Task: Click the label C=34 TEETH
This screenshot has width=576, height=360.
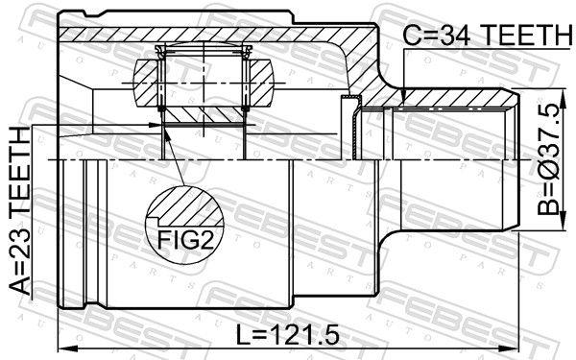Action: click(x=486, y=36)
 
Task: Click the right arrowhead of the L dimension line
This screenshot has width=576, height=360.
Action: click(x=515, y=348)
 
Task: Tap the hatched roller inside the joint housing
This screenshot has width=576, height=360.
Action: click(x=203, y=82)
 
